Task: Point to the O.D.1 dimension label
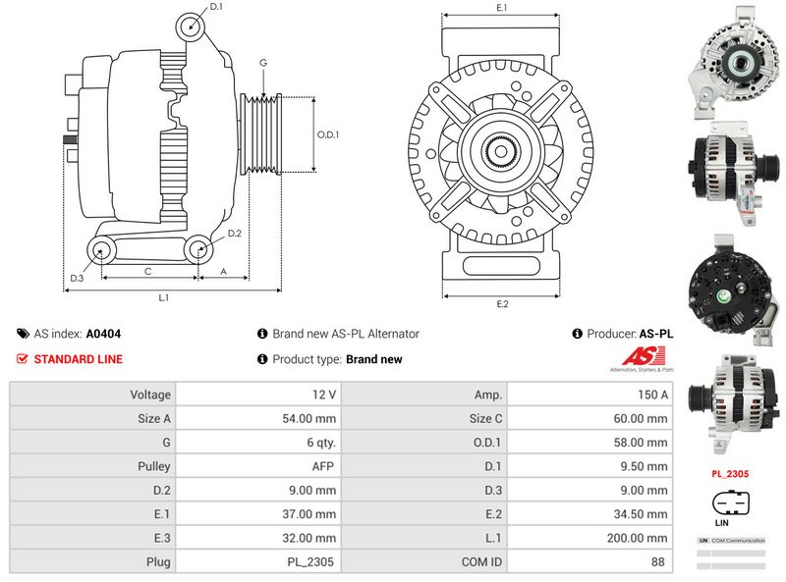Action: coord(328,135)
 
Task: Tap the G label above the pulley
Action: coord(263,64)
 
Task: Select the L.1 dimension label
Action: coord(165,296)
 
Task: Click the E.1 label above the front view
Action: coord(501,8)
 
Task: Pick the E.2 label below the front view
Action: coord(502,303)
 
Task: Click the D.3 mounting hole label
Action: coord(76,279)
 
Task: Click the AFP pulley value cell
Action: coord(323,466)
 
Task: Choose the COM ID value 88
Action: coord(657,562)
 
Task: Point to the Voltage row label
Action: coord(150,395)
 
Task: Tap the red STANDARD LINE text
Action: coord(79,359)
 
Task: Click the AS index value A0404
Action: coord(104,334)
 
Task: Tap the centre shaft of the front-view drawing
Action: coord(502,151)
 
